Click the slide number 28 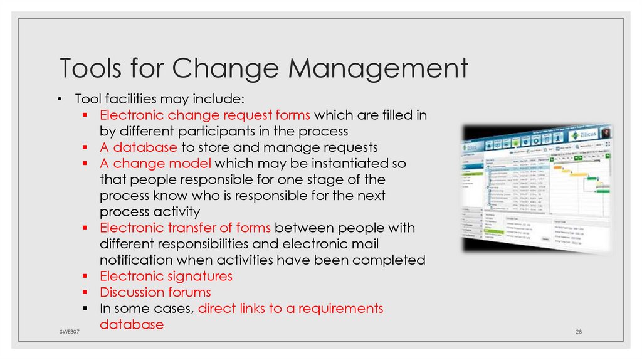click(x=579, y=331)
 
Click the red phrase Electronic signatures click(x=166, y=276)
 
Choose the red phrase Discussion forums click(x=155, y=292)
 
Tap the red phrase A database click(x=138, y=147)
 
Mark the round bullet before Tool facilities click(x=59, y=99)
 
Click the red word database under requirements click(x=132, y=325)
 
